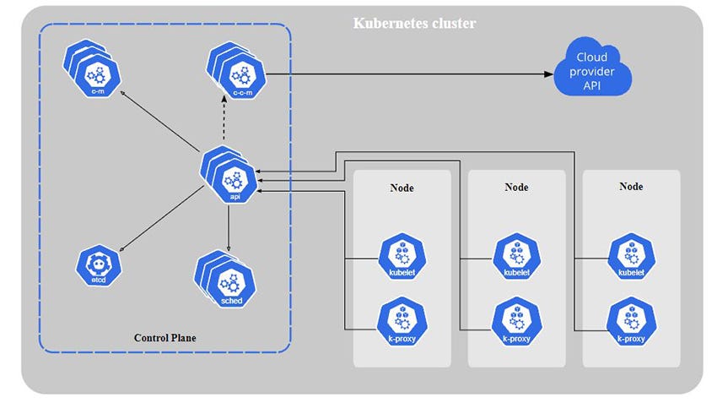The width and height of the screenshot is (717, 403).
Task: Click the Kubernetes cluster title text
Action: pos(413,23)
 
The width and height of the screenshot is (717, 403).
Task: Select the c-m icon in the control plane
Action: pos(95,71)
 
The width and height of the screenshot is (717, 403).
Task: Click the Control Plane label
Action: pos(165,338)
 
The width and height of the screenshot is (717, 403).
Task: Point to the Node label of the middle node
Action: pos(516,187)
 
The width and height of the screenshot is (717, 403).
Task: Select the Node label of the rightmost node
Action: pos(631,187)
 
